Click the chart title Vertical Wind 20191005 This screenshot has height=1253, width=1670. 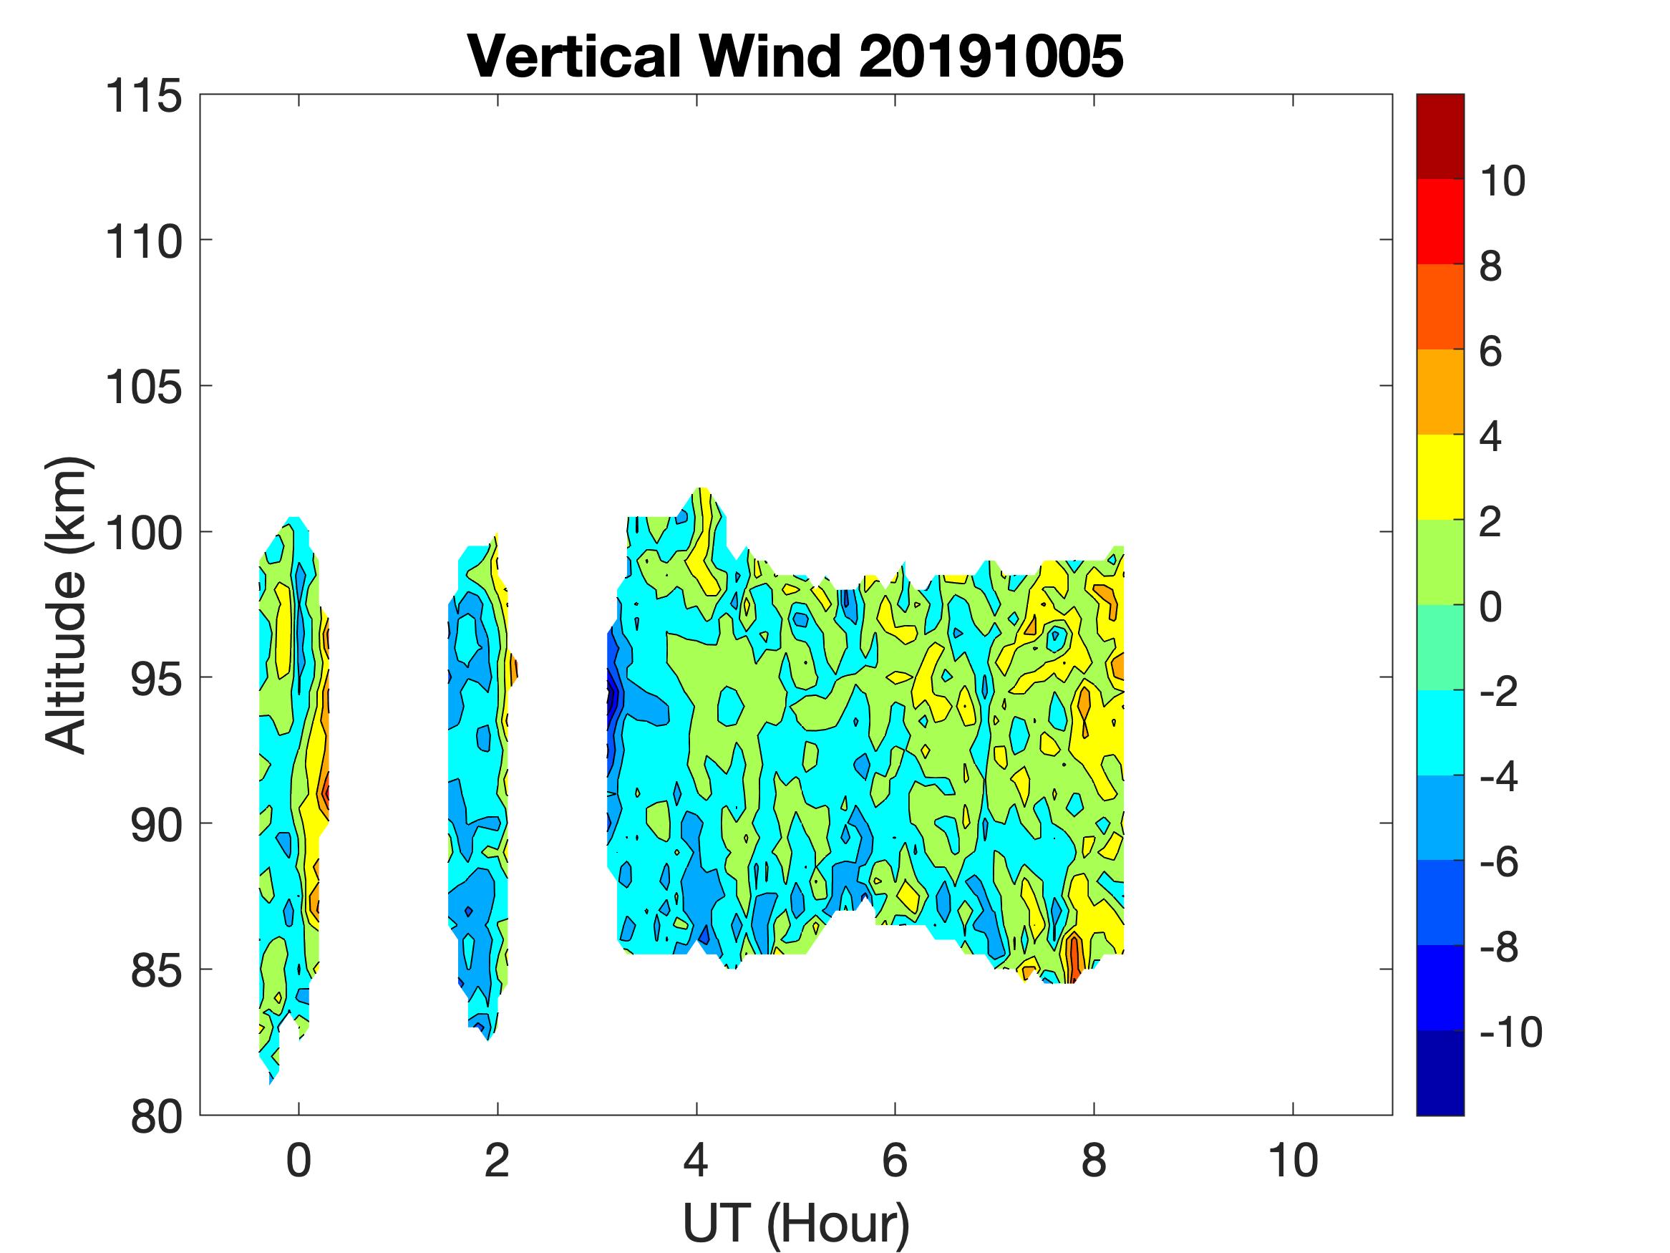click(796, 57)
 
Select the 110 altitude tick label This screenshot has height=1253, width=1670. click(143, 243)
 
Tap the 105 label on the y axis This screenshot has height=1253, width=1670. click(143, 388)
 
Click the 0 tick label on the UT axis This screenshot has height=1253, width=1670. click(299, 1161)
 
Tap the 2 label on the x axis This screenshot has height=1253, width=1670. click(497, 1161)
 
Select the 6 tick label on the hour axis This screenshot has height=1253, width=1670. click(895, 1161)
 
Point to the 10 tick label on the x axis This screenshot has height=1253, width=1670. click(1293, 1161)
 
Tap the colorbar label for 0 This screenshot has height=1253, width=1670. click(1491, 606)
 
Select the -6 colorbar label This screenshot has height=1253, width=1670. click(1500, 862)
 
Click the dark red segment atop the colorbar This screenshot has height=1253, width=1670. click(1440, 136)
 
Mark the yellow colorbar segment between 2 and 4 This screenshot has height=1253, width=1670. click(1440, 477)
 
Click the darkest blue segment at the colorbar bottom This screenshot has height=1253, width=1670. click(1440, 1073)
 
